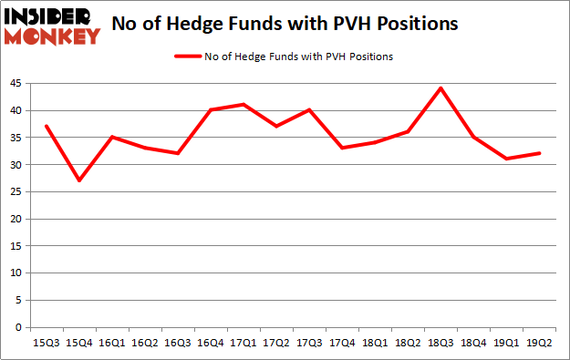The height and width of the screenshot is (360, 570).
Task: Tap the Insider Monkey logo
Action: pyautogui.click(x=52, y=26)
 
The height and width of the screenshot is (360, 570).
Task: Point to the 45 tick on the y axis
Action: pyautogui.click(x=17, y=84)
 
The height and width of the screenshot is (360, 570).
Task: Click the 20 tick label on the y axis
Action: pyautogui.click(x=17, y=220)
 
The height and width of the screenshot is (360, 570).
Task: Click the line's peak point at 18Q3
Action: pyautogui.click(x=440, y=88)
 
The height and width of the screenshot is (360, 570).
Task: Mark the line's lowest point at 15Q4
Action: pyautogui.click(x=79, y=180)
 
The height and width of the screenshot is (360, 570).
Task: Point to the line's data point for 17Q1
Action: pyautogui.click(x=244, y=105)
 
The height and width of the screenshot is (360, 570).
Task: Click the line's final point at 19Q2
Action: pyautogui.click(x=540, y=153)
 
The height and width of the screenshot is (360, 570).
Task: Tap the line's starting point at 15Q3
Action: pyautogui.click(x=46, y=126)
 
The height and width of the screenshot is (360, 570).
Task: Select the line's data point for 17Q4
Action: pyautogui.click(x=342, y=148)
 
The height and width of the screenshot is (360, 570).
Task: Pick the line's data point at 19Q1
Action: pyautogui.click(x=506, y=159)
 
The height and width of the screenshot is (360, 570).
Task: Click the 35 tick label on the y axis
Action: pyautogui.click(x=17, y=138)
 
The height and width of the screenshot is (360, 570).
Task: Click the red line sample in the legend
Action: pyautogui.click(x=190, y=56)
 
